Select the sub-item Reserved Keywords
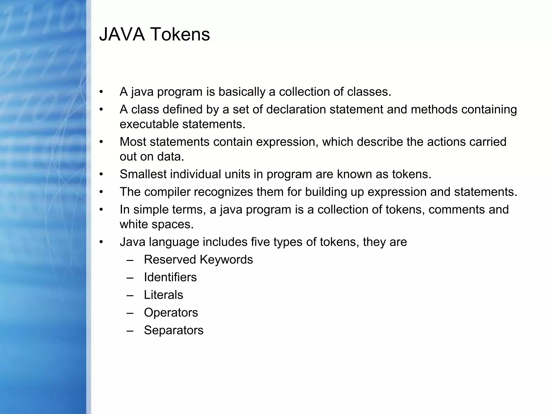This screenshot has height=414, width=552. pos(198,260)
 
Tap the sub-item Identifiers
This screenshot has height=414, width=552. pos(170,277)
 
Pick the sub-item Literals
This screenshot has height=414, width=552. pos(163,295)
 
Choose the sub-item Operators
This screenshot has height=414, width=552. pos(171,313)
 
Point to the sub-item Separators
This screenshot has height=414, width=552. pos(174,330)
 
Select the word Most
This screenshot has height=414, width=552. pos(133,142)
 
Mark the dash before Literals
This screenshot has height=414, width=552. pos(130,295)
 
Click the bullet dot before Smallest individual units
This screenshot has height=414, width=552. pos(101,174)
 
